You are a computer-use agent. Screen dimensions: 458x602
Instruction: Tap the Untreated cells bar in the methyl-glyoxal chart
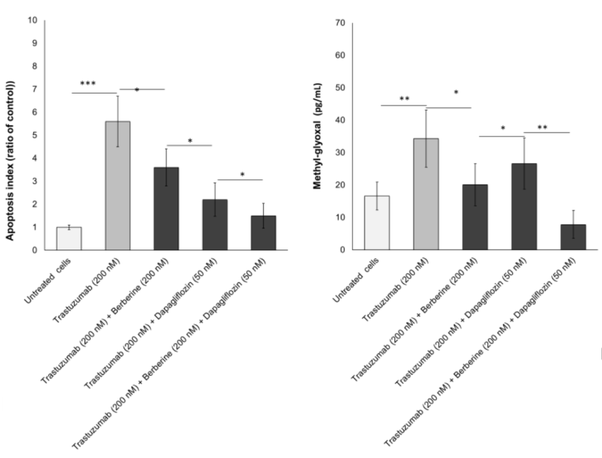377,223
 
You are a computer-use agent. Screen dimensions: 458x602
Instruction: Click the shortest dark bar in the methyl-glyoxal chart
572,237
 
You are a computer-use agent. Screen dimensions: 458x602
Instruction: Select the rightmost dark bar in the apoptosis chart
263,233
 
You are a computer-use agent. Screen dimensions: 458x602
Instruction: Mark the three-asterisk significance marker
88,84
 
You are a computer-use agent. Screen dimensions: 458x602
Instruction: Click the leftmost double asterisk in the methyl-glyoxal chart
405,99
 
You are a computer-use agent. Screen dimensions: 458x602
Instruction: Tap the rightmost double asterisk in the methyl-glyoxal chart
542,127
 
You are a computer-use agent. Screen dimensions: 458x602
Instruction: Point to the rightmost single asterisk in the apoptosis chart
242,175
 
